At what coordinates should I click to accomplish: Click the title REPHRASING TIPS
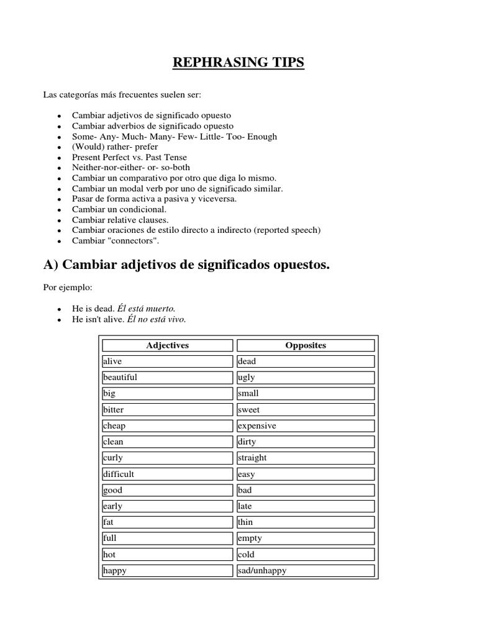click(x=238, y=63)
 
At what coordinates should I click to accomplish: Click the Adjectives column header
click(x=167, y=345)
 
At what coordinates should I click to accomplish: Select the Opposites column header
click(x=306, y=345)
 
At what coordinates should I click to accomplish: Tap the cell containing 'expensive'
click(x=306, y=425)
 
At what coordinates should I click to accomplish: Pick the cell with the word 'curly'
click(x=167, y=458)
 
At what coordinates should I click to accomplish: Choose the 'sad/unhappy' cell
click(x=306, y=570)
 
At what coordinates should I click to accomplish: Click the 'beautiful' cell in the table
click(x=167, y=377)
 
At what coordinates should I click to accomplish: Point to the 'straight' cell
click(x=306, y=458)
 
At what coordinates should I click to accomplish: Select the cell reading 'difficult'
click(x=167, y=474)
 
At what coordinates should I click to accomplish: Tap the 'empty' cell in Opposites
click(x=306, y=538)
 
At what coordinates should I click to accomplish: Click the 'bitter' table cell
click(x=167, y=409)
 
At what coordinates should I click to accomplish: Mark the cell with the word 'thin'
click(x=306, y=522)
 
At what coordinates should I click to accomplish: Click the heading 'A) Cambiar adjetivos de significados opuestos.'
click(x=186, y=265)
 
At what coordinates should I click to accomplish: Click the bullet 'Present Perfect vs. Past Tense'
click(x=129, y=157)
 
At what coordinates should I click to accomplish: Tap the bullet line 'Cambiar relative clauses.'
click(x=120, y=220)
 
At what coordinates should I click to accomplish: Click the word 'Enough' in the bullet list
click(x=263, y=136)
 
